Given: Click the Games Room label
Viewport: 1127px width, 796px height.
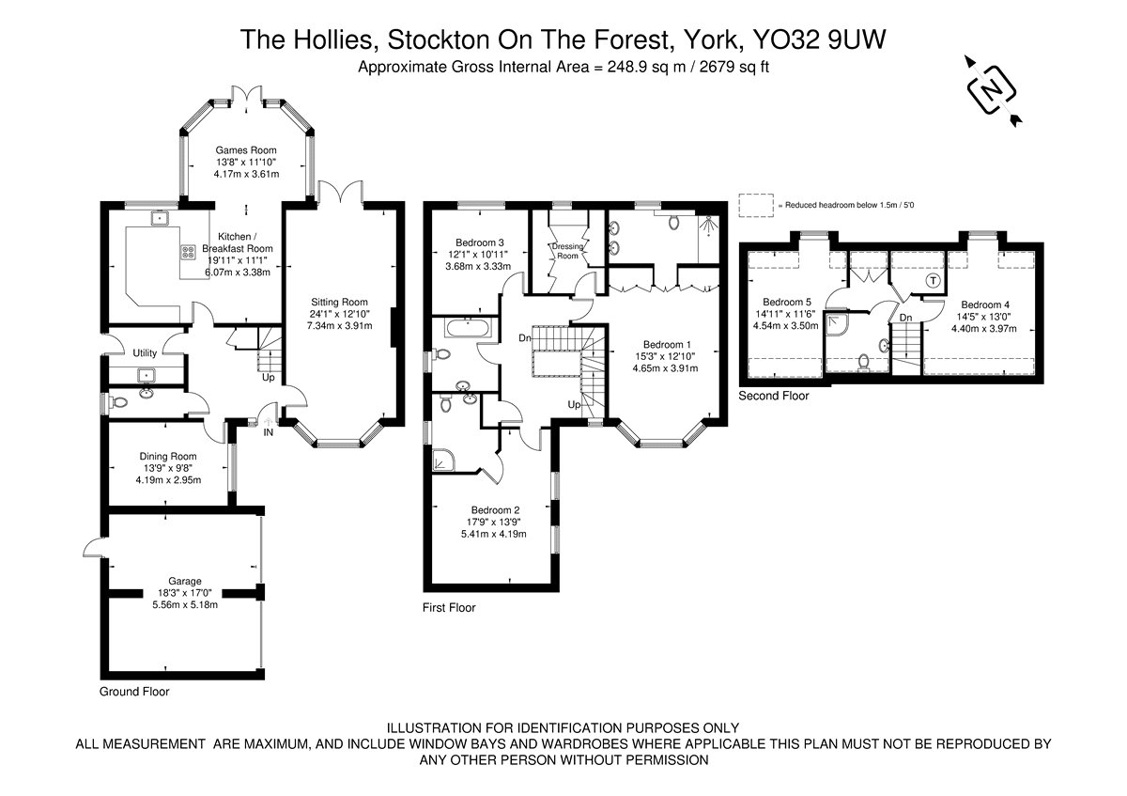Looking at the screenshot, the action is tap(246, 150).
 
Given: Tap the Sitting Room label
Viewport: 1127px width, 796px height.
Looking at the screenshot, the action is tap(339, 302).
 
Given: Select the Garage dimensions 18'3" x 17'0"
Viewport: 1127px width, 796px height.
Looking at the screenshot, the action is tap(185, 593).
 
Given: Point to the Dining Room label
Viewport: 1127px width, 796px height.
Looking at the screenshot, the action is tap(168, 456).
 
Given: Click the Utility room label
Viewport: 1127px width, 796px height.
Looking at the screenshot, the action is tap(145, 353).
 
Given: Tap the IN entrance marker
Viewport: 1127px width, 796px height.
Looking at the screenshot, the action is tap(269, 432).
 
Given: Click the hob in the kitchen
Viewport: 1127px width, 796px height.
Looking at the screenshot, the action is tap(189, 252).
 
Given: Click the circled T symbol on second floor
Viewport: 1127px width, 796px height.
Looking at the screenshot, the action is tap(934, 280).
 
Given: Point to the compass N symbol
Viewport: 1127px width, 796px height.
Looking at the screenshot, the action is tap(992, 91).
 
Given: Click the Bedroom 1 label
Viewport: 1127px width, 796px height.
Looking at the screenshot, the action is tap(667, 344).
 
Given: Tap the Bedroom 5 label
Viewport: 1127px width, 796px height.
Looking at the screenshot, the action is tap(787, 302).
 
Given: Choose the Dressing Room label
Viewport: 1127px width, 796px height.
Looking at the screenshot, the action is tap(567, 251).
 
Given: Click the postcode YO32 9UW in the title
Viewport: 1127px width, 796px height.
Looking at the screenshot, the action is tap(819, 39).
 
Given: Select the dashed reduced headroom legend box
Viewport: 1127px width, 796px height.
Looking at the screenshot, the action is tap(756, 206).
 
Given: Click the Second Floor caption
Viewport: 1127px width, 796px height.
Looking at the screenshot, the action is tap(773, 396).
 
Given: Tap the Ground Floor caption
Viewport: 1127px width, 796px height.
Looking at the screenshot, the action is tap(134, 692).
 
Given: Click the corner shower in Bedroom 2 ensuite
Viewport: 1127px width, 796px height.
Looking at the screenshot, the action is tap(443, 460).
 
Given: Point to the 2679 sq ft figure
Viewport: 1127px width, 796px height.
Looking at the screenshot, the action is tap(734, 67).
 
